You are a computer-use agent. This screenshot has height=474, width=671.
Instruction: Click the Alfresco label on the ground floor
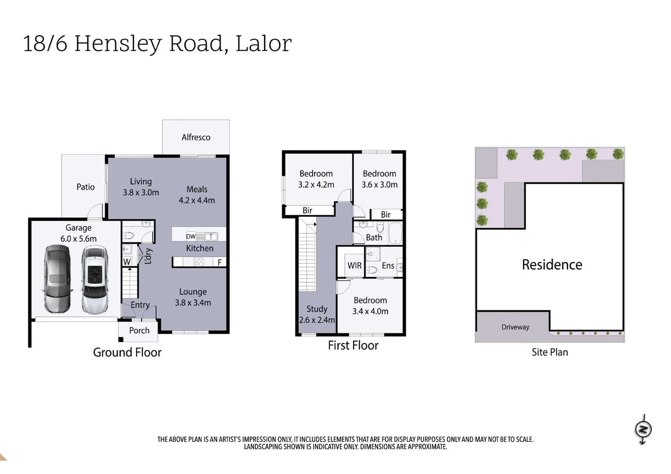(x=196, y=137)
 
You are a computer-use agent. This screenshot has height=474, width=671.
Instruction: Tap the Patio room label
(x=85, y=187)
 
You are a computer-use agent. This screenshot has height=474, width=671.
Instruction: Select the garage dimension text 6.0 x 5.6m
(x=79, y=239)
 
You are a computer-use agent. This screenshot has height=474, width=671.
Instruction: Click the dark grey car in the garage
(x=57, y=279)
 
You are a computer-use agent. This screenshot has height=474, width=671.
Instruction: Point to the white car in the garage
(x=94, y=280)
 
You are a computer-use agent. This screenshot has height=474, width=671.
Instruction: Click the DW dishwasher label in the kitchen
(x=190, y=237)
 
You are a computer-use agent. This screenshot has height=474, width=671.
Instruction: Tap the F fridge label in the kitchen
(x=220, y=262)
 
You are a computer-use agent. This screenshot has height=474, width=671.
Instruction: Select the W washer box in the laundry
(x=127, y=262)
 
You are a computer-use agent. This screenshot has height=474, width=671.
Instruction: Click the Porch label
(x=139, y=330)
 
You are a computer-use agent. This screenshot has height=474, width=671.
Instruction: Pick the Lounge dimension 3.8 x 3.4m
(x=193, y=303)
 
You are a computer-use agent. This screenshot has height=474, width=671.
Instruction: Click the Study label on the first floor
(x=317, y=309)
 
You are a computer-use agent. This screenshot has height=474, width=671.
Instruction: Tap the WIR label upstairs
(x=354, y=266)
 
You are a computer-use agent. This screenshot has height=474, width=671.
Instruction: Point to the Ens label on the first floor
(x=388, y=266)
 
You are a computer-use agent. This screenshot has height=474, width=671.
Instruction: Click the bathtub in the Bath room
(x=395, y=233)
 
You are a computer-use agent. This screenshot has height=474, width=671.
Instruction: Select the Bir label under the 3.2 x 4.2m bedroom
(x=307, y=211)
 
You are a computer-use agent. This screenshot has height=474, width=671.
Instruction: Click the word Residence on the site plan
(x=552, y=265)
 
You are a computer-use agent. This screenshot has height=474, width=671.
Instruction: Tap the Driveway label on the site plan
(x=515, y=327)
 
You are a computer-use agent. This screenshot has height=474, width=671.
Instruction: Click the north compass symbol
(x=643, y=429)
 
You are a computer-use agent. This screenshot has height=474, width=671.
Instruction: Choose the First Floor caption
(x=353, y=345)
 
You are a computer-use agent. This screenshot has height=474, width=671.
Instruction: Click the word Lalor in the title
(x=263, y=43)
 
